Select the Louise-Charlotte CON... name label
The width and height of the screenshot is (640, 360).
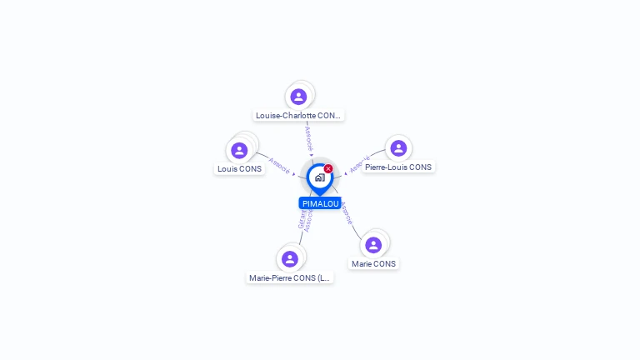(299, 116)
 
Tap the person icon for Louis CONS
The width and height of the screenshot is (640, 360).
(239, 150)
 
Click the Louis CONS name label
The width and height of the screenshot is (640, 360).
(239, 168)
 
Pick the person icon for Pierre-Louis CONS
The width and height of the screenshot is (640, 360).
(398, 148)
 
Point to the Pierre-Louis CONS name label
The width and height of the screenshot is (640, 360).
(398, 167)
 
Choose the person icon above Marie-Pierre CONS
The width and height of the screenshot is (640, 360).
(289, 258)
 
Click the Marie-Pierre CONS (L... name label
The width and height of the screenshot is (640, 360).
(290, 277)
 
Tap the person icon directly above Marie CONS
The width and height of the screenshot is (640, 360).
(373, 244)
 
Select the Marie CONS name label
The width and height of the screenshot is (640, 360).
(373, 263)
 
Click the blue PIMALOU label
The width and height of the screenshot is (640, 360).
(320, 203)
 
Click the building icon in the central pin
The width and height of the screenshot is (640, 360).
(319, 177)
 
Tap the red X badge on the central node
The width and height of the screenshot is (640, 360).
(328, 169)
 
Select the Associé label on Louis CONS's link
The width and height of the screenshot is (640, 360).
(279, 165)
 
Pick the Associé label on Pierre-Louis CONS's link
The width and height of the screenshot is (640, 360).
(359, 164)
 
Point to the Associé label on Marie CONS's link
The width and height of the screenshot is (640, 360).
(347, 213)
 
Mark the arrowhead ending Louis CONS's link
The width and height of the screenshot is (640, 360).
(294, 174)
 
